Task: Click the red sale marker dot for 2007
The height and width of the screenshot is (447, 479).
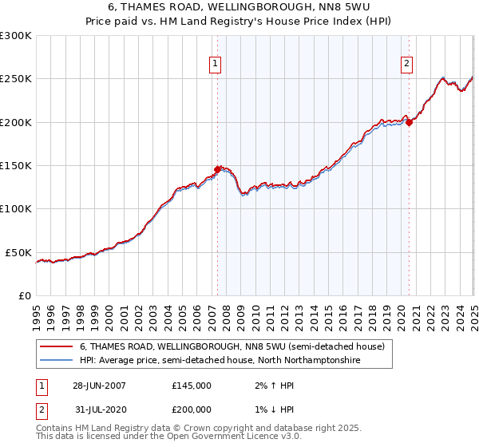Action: pos(217,169)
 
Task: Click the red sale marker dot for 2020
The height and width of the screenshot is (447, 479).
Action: pos(409,122)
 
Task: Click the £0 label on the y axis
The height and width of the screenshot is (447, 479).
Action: pos(24,295)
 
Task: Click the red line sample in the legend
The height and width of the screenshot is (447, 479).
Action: pos(56,347)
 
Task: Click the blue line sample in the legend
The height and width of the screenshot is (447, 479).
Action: pos(56,361)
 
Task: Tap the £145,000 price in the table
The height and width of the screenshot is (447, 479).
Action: pos(192,386)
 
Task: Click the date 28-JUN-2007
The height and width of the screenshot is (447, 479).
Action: pos(99,386)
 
